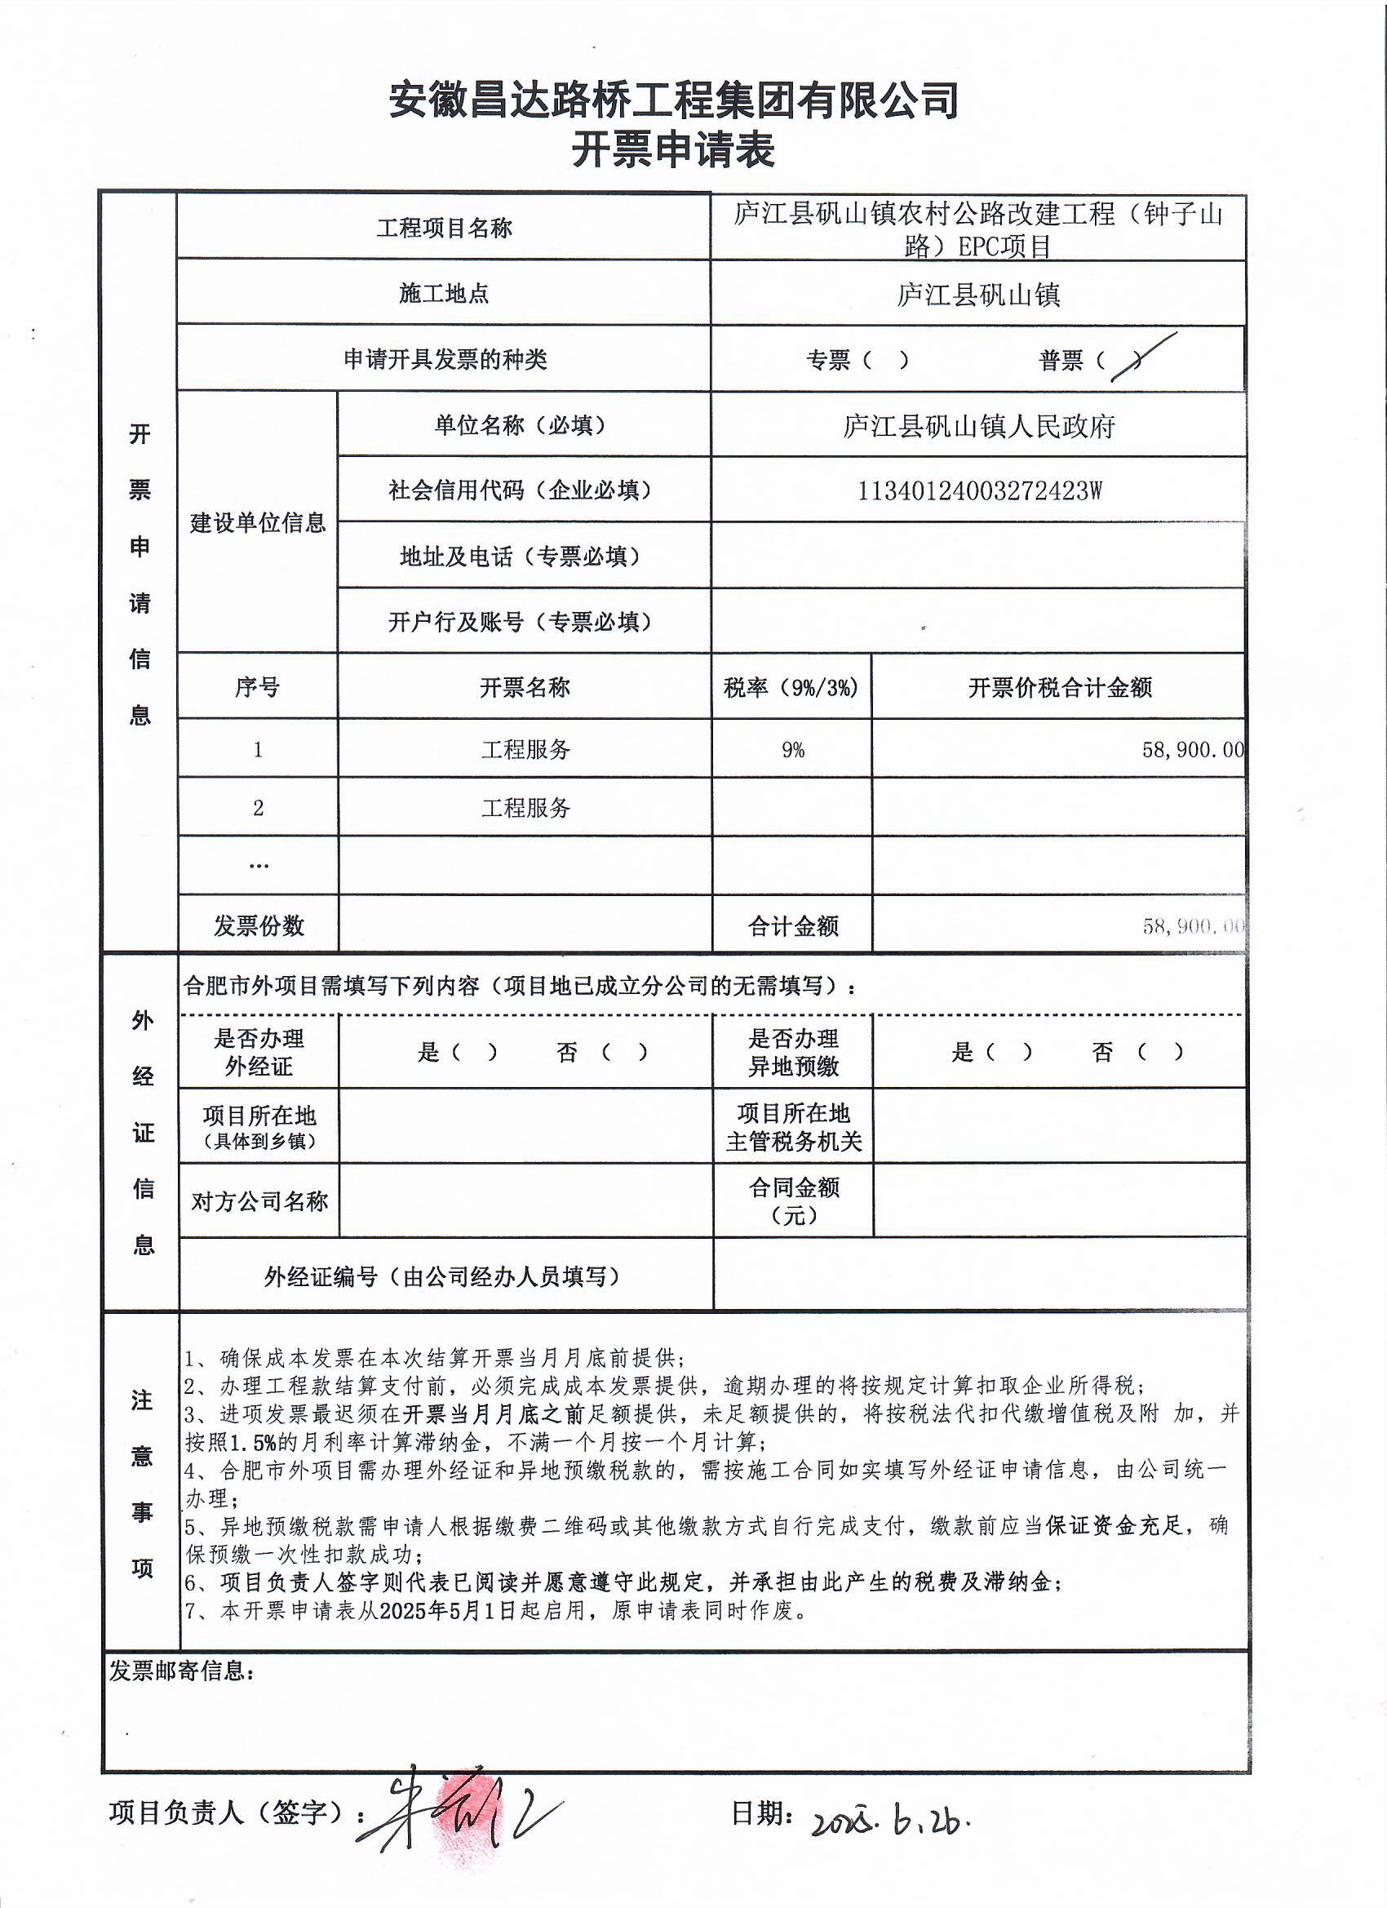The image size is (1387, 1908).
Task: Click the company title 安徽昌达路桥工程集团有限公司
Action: tap(673, 101)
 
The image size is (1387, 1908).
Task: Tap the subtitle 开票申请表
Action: tap(673, 152)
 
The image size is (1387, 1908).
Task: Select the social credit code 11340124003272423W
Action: tap(978, 490)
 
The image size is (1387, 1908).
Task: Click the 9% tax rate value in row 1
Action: tap(792, 748)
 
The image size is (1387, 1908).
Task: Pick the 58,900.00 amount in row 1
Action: tap(1192, 748)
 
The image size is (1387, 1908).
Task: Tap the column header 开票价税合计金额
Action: tap(1060, 687)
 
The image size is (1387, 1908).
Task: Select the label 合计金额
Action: tap(793, 926)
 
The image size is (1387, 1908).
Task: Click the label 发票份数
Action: tap(258, 926)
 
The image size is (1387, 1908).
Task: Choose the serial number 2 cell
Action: tap(258, 808)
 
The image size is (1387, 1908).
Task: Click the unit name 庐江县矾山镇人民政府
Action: tap(978, 427)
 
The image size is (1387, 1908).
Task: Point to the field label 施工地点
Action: tap(443, 294)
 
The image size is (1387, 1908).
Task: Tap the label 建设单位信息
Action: tap(257, 522)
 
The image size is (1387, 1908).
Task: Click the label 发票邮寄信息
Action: tap(180, 1671)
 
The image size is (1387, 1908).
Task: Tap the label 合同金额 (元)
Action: tap(793, 1200)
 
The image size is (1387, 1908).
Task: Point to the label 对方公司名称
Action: tap(259, 1201)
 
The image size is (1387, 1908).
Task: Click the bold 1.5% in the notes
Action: tap(251, 1442)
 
